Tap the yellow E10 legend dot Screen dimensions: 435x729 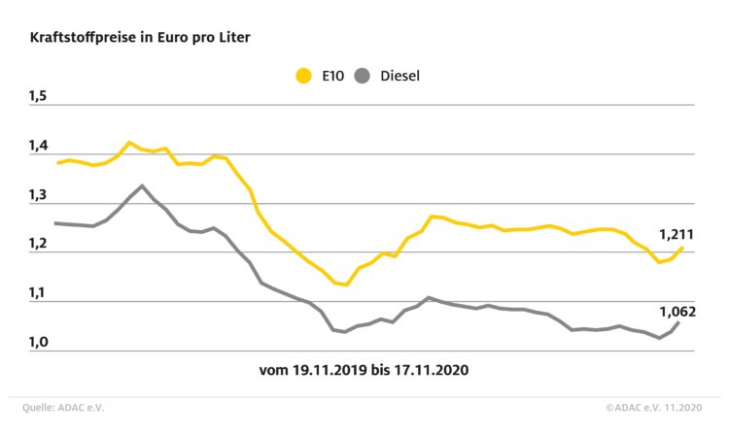point(303,75)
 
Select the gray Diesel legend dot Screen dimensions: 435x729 point(364,75)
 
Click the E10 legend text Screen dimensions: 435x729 point(332,75)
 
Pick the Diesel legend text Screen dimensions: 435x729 point(399,75)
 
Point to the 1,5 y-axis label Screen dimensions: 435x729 point(38,96)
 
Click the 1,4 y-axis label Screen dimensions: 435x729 point(38,146)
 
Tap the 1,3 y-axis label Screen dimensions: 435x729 point(38,195)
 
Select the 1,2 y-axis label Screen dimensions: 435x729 point(38,244)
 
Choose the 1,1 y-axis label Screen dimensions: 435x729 point(38,293)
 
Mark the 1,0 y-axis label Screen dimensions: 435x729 point(38,342)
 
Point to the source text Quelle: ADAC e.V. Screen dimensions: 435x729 point(63,408)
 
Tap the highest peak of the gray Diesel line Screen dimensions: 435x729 point(142,185)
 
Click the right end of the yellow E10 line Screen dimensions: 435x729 point(682,248)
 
